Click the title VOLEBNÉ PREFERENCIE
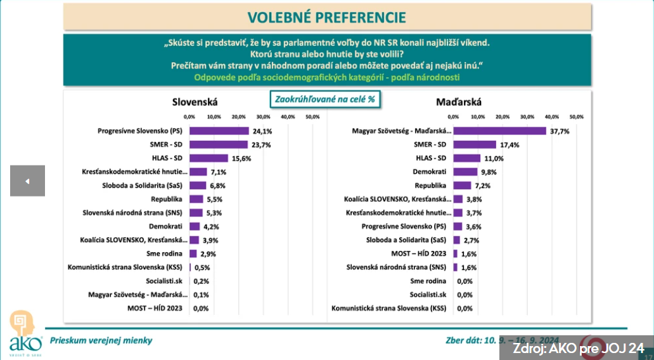pyautogui.click(x=327, y=16)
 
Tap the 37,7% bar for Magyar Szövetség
pyautogui.click(x=499, y=131)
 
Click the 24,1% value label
pyautogui.click(x=263, y=131)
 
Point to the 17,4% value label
pyautogui.click(x=510, y=145)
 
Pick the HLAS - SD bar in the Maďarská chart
pyautogui.click(x=467, y=158)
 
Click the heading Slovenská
pyautogui.click(x=195, y=101)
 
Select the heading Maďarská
pyautogui.click(x=459, y=101)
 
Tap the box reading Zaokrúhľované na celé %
pyautogui.click(x=324, y=100)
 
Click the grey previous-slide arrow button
pyautogui.click(x=27, y=181)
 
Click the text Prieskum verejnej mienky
pyautogui.click(x=101, y=340)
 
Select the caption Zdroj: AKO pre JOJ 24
pyautogui.click(x=578, y=348)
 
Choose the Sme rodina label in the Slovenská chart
pyautogui.click(x=167, y=254)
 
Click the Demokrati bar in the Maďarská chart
pyautogui.click(x=465, y=172)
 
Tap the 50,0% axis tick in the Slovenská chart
pyautogui.click(x=312, y=117)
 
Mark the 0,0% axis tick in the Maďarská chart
pyautogui.click(x=453, y=117)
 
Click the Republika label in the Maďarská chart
pyautogui.click(x=432, y=185)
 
